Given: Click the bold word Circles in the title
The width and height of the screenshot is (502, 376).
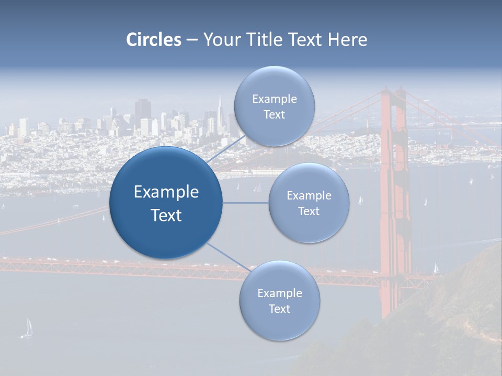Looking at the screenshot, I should [x=153, y=40].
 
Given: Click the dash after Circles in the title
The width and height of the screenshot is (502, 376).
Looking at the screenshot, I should [x=192, y=40].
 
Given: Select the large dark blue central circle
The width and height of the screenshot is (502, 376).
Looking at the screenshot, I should [x=166, y=203].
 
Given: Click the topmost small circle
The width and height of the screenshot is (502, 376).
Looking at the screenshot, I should [x=274, y=106].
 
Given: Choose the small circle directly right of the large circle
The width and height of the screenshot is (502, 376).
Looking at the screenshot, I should [x=309, y=203].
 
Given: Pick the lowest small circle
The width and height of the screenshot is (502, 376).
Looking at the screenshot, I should [x=279, y=301].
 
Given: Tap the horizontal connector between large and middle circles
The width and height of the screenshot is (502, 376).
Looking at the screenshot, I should [x=246, y=203].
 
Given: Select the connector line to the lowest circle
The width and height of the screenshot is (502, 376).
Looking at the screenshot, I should [x=229, y=257].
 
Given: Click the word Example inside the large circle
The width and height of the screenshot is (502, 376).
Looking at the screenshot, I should [x=166, y=192].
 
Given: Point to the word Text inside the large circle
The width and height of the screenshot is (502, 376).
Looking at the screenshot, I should [x=166, y=215].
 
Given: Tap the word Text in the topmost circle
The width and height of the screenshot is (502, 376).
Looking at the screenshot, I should [x=274, y=114].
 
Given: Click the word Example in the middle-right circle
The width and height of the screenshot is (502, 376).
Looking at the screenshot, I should [x=309, y=195].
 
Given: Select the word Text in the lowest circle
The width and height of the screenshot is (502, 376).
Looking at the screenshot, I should [x=279, y=309].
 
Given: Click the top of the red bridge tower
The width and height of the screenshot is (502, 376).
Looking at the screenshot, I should [x=393, y=93].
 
